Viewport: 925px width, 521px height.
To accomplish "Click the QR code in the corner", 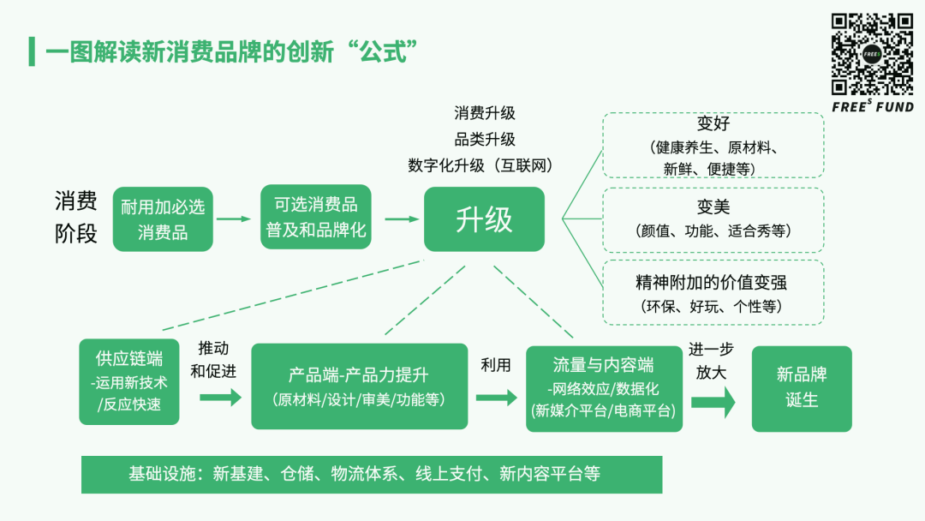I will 873,53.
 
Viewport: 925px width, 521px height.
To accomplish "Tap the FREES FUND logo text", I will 873,107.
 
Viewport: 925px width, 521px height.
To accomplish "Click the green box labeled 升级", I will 484,219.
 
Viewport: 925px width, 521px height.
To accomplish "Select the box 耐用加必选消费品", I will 163,219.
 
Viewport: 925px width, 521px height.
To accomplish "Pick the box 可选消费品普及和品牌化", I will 316,218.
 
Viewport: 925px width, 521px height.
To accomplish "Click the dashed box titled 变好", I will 713,146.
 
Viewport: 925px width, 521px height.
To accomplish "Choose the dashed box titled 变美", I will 713,219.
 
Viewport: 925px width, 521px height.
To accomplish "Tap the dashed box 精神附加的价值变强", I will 713,292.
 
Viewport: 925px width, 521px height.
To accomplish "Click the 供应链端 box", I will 129,382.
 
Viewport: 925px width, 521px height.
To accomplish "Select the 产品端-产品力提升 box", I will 359,386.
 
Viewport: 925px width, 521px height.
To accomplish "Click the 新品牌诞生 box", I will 802,388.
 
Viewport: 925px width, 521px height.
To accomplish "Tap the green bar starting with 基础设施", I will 372,474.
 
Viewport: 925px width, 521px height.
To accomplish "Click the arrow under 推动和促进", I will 220,398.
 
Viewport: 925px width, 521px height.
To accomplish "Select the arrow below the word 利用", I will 496,398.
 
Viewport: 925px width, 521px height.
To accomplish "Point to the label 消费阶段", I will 76,218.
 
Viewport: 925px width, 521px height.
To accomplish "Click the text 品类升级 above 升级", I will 485,139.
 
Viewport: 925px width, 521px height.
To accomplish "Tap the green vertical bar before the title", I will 32,51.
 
